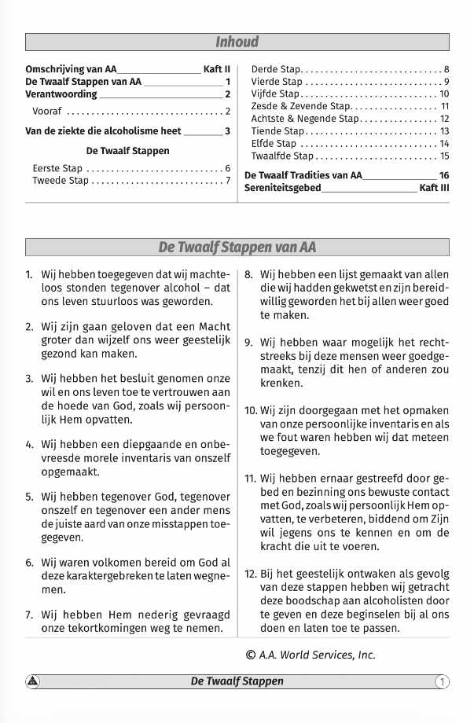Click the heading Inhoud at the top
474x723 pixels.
tap(237, 42)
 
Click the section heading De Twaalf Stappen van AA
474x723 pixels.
tap(237, 248)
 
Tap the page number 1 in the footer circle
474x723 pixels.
tap(443, 681)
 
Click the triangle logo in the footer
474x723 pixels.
tap(33, 681)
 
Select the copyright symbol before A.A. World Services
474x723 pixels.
tap(251, 654)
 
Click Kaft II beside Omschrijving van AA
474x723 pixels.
tap(216, 69)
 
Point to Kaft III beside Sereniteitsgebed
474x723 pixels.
tap(434, 188)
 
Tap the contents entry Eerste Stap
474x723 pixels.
tap(57, 168)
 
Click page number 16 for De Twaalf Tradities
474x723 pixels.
tap(444, 175)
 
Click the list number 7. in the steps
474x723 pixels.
tap(29, 615)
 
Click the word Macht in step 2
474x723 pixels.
tap(214, 326)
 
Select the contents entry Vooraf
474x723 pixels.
tap(47, 112)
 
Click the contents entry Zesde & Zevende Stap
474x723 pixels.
tap(301, 106)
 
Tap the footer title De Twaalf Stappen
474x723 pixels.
tap(237, 681)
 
